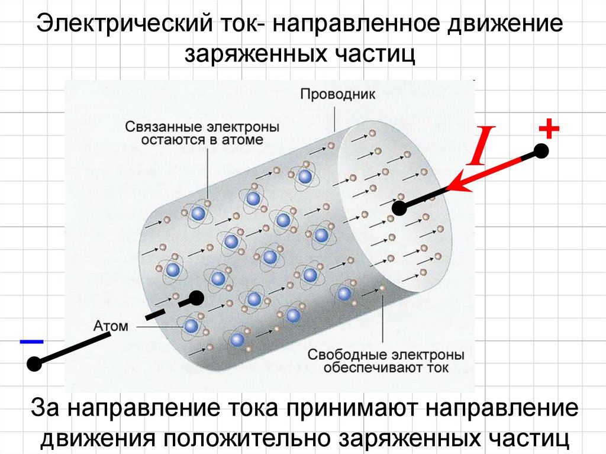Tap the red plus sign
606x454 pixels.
point(549,129)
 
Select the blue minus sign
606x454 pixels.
point(32,342)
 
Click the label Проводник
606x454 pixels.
point(337,94)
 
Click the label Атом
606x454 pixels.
point(111,326)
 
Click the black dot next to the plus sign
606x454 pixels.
point(541,151)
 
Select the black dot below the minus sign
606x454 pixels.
point(34,364)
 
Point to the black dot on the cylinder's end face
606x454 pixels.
point(399,208)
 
